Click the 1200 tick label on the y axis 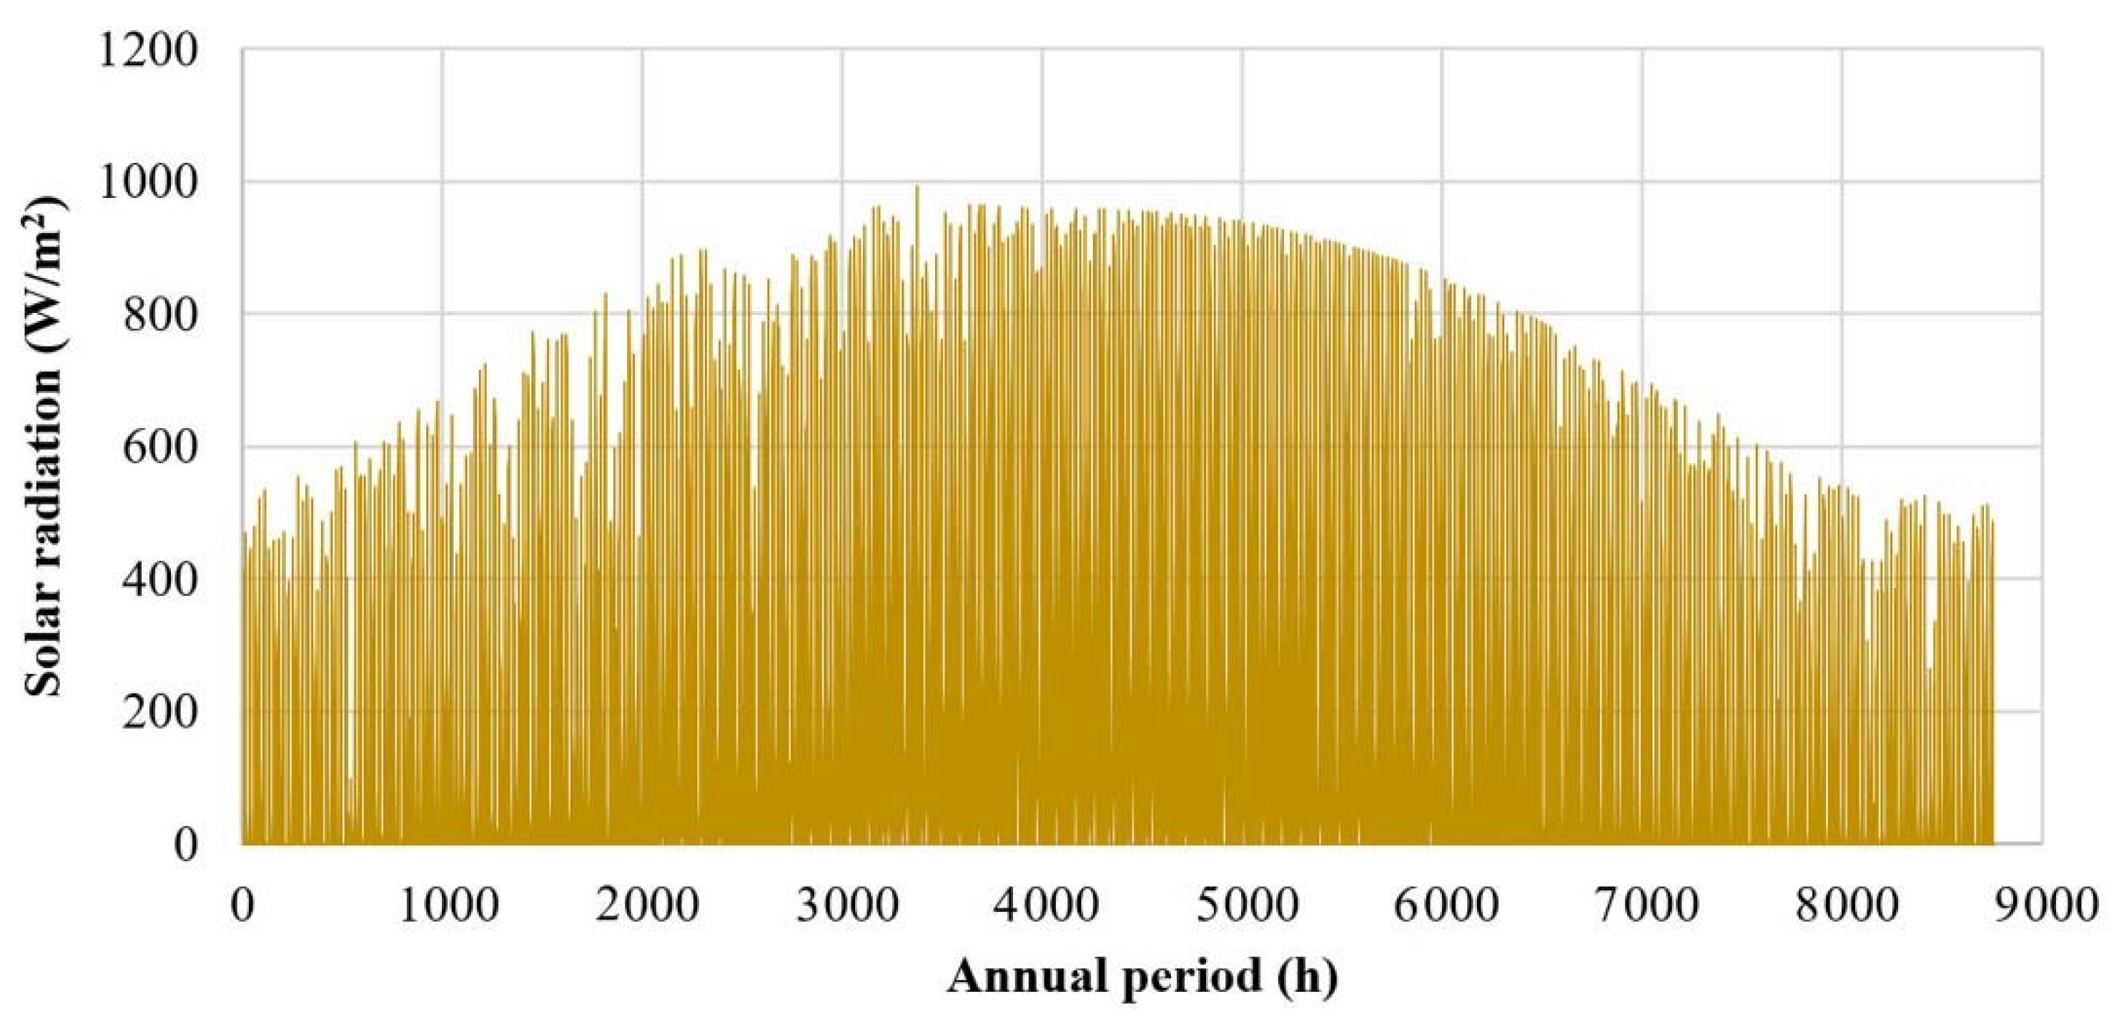coord(148,51)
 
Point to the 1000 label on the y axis coord(148,183)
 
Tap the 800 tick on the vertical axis coord(161,315)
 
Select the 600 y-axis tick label coord(161,447)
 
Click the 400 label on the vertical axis coord(161,580)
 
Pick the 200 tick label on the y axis coord(161,712)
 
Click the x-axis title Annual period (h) coord(1143,978)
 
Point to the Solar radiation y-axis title coord(44,448)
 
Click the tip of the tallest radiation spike coord(917,187)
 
